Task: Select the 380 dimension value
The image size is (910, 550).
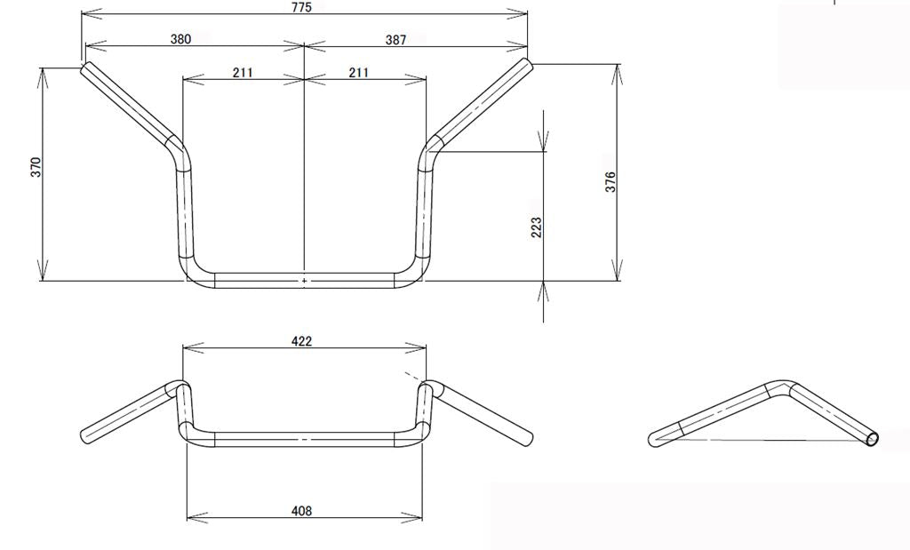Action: tap(180, 39)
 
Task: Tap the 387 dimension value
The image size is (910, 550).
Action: tap(395, 39)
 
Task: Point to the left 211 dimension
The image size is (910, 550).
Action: tap(243, 73)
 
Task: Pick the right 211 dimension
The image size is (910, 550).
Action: tap(359, 73)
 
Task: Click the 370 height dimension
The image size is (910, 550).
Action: tap(36, 167)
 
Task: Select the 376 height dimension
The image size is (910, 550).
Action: tap(610, 182)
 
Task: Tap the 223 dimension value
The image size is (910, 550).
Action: tap(536, 227)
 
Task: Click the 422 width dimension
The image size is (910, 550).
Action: tap(302, 340)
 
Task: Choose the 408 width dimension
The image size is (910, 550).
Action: tap(302, 511)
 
